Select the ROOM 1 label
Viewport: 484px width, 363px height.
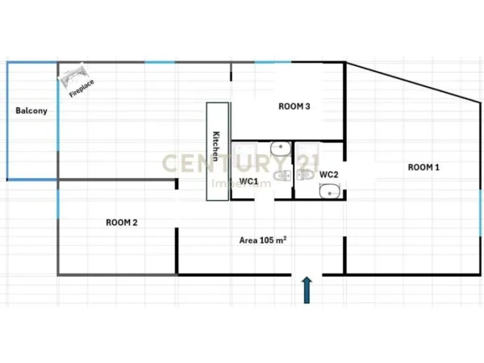click(x=423, y=168)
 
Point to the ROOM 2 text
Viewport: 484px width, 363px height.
click(x=122, y=222)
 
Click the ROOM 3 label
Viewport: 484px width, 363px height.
click(x=294, y=106)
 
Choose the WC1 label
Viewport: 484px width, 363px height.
click(x=248, y=182)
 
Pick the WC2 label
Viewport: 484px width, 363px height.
click(x=328, y=174)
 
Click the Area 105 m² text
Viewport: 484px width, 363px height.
click(x=264, y=240)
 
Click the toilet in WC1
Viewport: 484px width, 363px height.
click(x=280, y=176)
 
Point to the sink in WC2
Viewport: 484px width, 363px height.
click(x=329, y=192)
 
